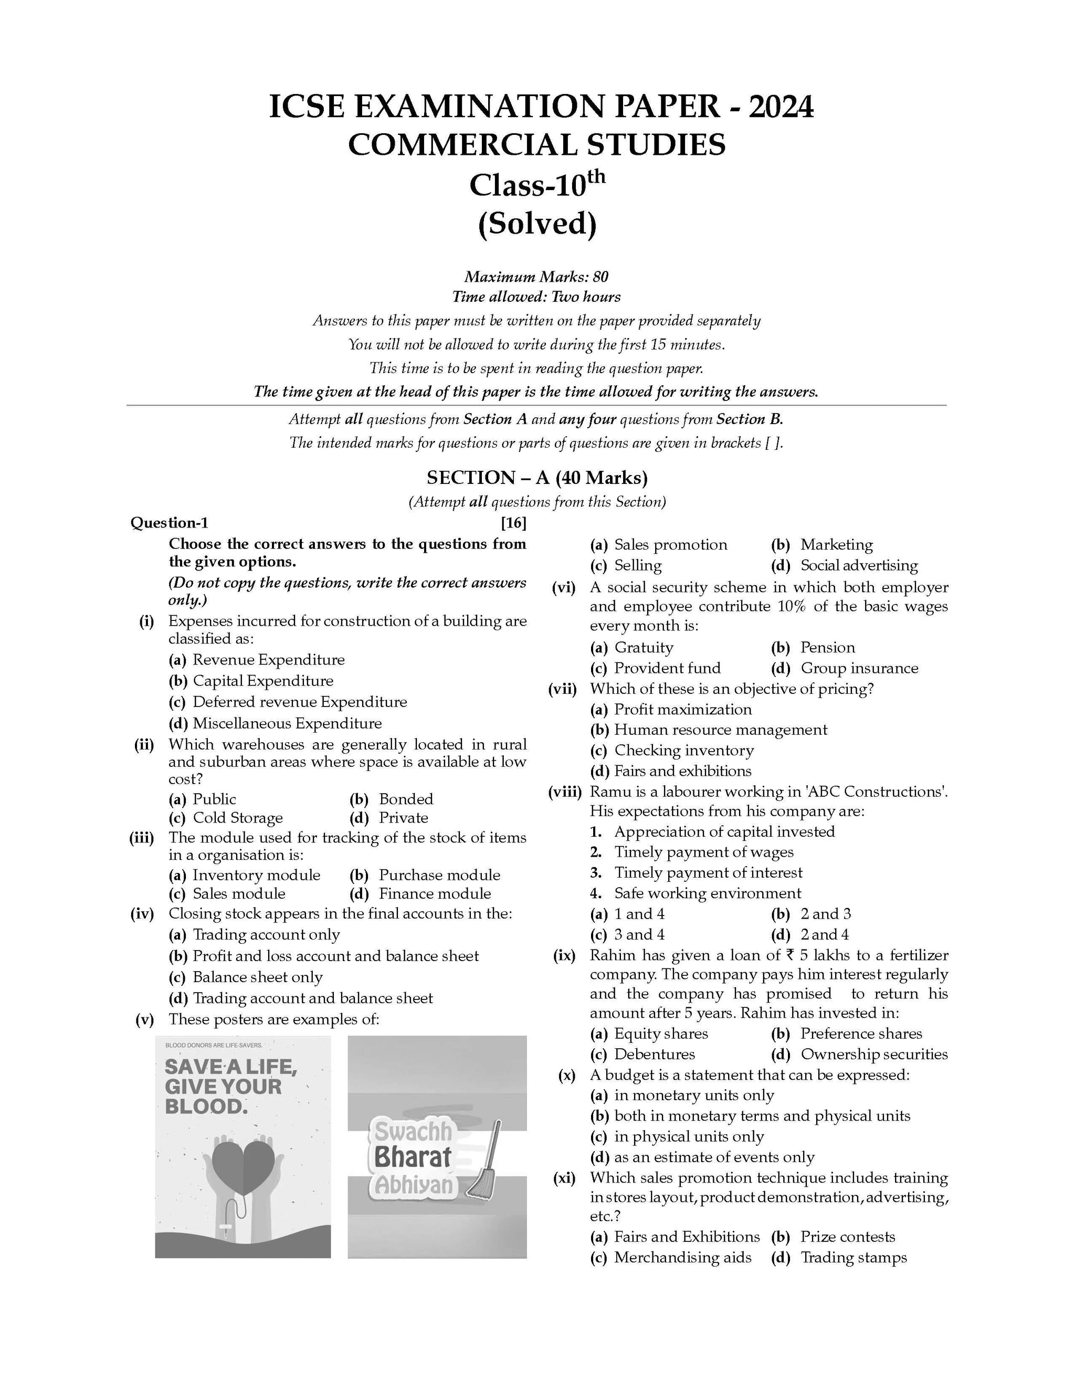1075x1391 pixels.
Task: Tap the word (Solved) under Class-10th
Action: click(x=537, y=224)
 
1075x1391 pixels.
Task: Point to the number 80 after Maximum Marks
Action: click(x=600, y=277)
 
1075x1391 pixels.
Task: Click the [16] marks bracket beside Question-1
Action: click(x=513, y=523)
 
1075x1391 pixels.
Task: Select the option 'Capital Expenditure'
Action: click(x=262, y=681)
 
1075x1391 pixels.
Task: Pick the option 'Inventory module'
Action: click(x=256, y=875)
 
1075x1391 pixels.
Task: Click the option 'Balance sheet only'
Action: click(x=257, y=977)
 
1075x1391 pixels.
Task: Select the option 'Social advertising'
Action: click(x=858, y=565)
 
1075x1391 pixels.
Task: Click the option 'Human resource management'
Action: click(x=720, y=730)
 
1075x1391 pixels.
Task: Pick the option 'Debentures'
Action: click(x=654, y=1054)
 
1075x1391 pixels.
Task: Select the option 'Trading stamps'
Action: click(x=853, y=1257)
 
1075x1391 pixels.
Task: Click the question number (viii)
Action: click(x=565, y=792)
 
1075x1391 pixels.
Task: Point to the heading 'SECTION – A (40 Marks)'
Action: click(x=537, y=478)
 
